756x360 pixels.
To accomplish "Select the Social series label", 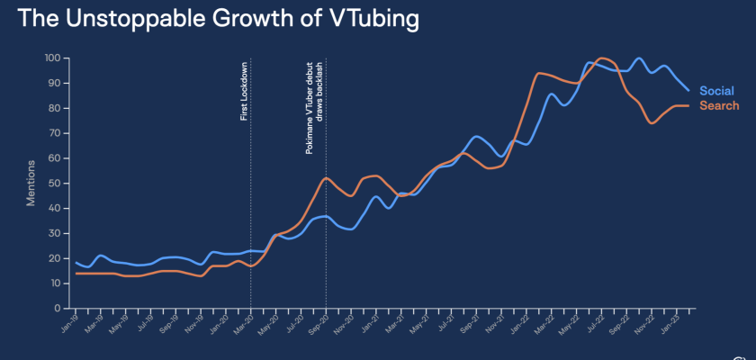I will (x=716, y=91).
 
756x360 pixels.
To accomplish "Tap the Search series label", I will (x=719, y=106).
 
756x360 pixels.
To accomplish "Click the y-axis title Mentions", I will (x=31, y=183).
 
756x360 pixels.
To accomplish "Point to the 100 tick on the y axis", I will (x=51, y=58).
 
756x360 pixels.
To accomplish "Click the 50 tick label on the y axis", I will (x=54, y=184).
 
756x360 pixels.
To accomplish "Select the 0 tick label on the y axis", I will (x=57, y=309).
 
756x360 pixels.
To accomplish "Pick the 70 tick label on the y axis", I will (x=54, y=133).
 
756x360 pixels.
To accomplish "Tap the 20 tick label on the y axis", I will (x=54, y=258).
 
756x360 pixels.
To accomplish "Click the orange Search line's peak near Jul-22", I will (x=602, y=58).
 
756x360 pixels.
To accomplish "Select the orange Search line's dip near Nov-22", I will (x=651, y=122).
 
